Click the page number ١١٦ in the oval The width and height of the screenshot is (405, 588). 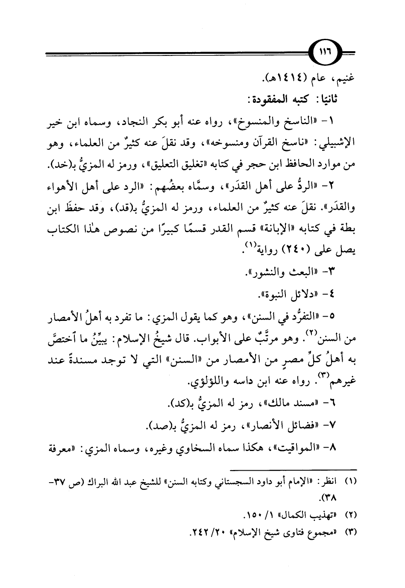[328, 54]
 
